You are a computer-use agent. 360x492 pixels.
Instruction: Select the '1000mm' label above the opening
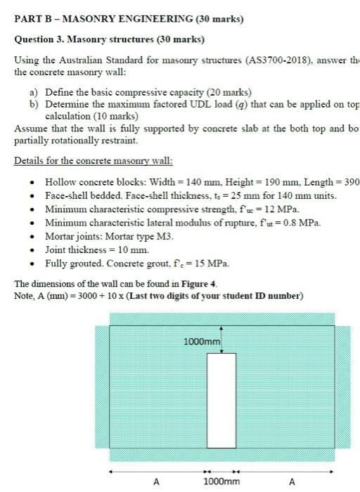point(202,342)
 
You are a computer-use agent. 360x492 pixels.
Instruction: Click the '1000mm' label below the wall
point(221,482)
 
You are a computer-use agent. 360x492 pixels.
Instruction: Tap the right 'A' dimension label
point(292,482)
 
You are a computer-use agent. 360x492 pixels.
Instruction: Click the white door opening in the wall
point(221,400)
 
